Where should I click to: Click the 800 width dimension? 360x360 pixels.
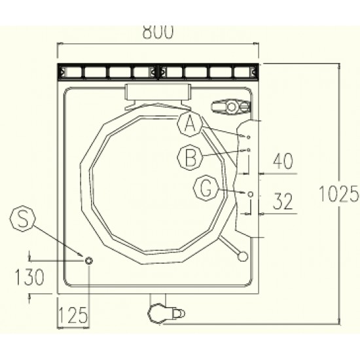click(x=158, y=31)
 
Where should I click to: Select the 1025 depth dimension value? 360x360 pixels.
click(x=339, y=194)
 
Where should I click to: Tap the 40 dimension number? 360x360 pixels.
click(x=283, y=161)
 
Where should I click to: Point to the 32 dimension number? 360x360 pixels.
click(x=283, y=201)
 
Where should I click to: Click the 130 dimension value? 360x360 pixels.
click(x=29, y=277)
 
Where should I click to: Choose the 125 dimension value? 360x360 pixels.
click(x=73, y=315)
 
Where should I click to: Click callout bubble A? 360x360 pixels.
click(x=190, y=124)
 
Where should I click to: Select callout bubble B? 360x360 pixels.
click(x=190, y=158)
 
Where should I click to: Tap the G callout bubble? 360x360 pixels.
click(x=206, y=188)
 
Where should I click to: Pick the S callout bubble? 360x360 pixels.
click(x=22, y=219)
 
